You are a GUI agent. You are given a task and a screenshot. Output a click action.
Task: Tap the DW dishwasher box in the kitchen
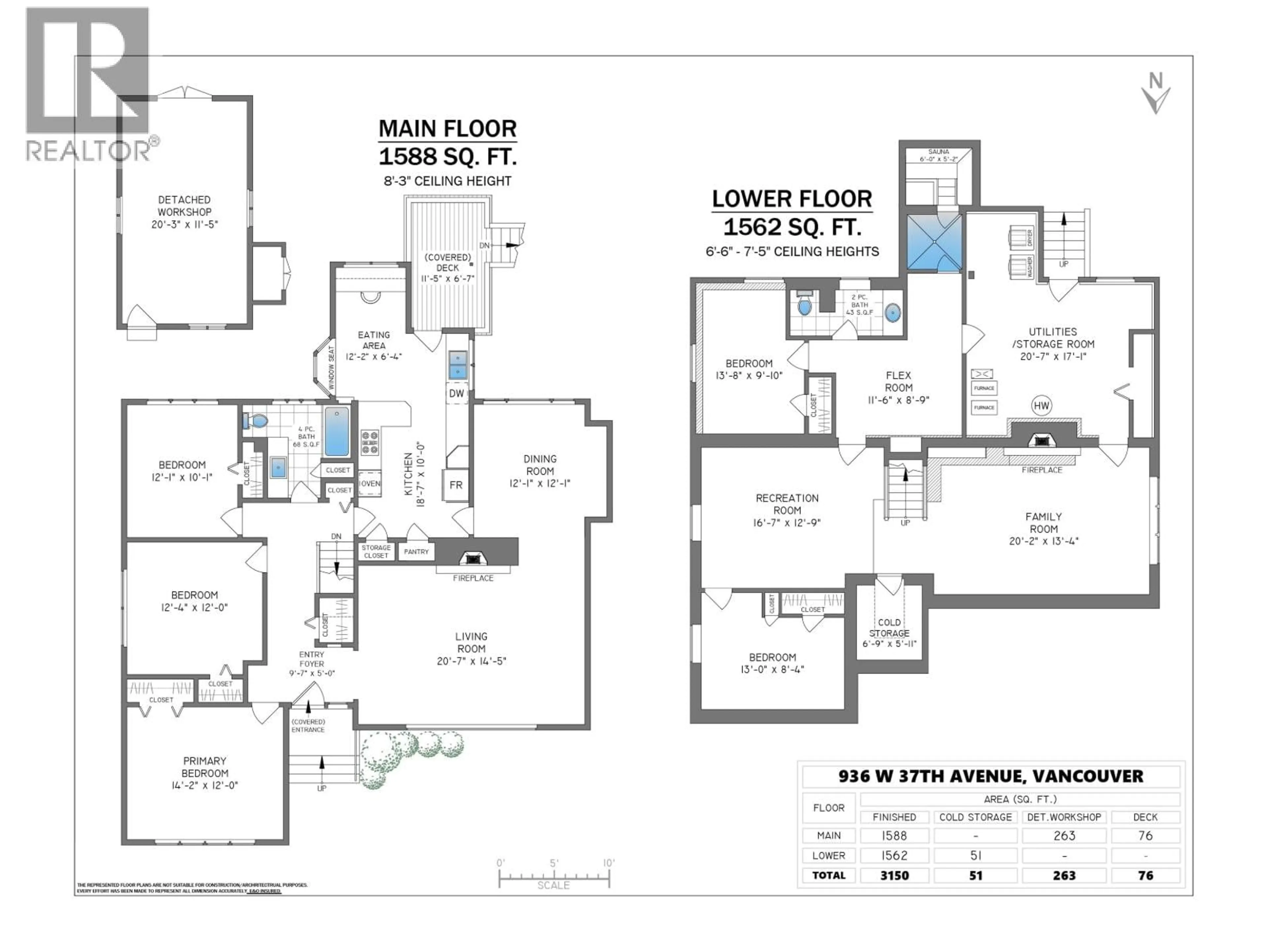[x=456, y=393]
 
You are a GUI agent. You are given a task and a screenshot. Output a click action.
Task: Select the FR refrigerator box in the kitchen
[x=456, y=485]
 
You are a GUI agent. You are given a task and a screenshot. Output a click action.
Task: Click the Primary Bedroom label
[x=205, y=773]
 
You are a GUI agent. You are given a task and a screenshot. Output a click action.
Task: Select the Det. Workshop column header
[x=1064, y=817]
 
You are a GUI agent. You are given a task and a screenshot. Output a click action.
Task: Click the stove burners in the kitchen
[x=370, y=442]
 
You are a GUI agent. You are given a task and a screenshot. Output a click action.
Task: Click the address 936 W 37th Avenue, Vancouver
[x=991, y=776]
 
